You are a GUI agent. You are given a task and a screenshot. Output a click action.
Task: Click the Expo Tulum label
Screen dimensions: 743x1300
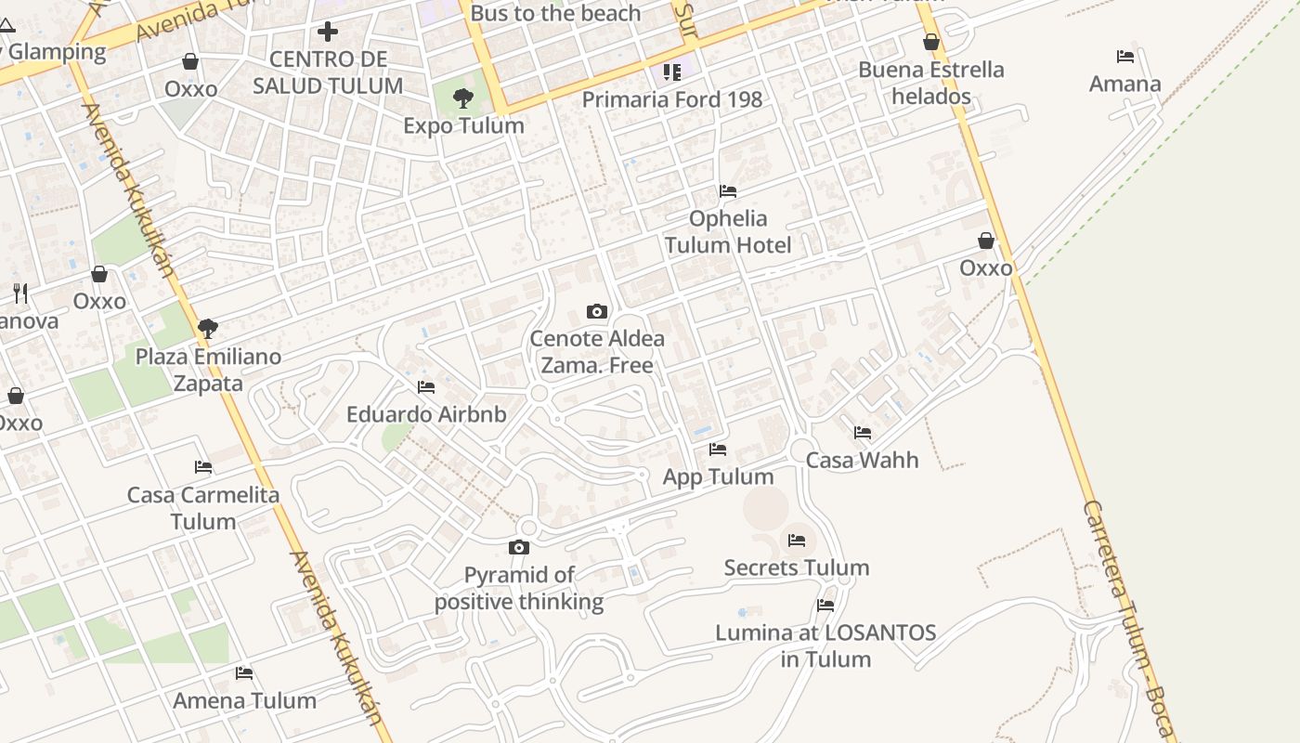point(463,125)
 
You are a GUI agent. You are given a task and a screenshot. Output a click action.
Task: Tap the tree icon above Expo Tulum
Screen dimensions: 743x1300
point(462,98)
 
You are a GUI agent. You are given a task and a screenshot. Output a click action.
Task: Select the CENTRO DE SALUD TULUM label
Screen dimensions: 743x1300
point(328,72)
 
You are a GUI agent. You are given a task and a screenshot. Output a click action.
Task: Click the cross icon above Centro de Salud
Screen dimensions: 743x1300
point(328,33)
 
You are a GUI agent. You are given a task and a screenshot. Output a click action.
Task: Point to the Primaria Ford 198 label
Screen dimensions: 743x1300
point(671,99)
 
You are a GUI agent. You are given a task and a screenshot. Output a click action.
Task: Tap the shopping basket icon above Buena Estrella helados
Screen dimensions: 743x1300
point(931,42)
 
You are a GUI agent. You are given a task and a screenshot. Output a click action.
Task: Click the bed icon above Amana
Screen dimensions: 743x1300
point(1125,57)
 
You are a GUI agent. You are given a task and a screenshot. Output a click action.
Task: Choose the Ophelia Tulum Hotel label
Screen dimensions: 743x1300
point(727,231)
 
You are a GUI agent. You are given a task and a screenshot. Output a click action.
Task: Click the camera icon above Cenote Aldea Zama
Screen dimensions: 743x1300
point(597,311)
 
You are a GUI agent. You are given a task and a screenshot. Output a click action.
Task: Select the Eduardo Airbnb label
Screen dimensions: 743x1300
point(426,414)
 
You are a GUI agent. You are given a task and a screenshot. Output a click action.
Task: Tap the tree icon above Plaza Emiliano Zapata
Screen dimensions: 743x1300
point(208,328)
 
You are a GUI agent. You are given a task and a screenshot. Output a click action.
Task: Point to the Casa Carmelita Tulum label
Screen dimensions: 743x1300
point(203,508)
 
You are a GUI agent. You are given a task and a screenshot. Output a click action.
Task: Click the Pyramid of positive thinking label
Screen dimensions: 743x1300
point(519,588)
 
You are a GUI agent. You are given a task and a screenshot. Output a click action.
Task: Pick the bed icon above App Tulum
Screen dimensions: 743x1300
point(718,450)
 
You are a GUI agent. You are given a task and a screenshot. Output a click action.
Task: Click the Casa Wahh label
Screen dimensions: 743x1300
point(862,460)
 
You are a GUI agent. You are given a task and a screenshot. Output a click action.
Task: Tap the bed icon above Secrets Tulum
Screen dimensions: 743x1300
point(797,540)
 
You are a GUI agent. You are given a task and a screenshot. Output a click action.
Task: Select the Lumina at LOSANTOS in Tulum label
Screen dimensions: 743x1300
point(825,645)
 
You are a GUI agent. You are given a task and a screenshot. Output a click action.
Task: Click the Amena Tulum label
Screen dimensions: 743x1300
point(244,700)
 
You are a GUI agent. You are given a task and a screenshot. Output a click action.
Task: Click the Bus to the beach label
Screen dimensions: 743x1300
point(555,13)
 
